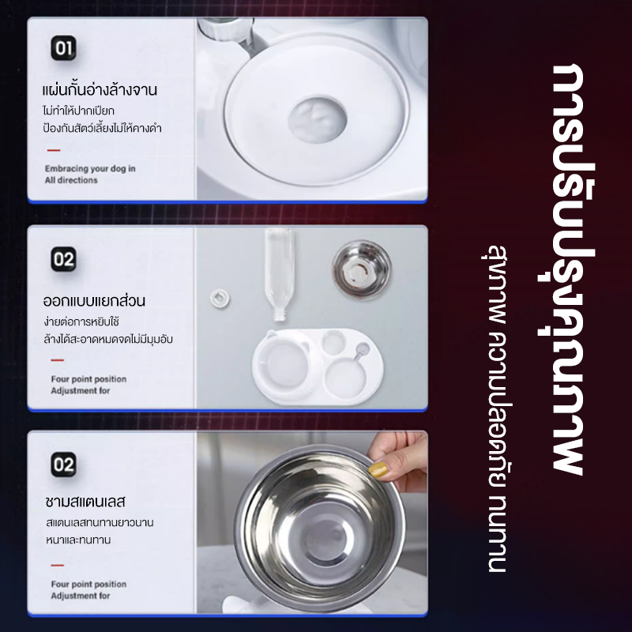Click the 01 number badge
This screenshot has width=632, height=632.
point(64,48)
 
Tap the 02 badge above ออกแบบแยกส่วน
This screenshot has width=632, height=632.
point(64,259)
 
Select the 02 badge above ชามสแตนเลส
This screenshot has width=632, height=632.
point(64,465)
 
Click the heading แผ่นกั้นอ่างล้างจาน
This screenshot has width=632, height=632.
point(100,89)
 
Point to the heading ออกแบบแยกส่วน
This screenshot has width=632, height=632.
point(94,300)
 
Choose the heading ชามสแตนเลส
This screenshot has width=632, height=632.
point(85,502)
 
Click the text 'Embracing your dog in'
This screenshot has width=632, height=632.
point(90,168)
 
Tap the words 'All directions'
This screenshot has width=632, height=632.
point(71,180)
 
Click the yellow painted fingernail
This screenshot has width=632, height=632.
point(378,470)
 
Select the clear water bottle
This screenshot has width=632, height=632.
point(280,273)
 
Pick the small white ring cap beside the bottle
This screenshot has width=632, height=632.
point(220,299)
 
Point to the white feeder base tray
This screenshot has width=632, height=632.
point(318,366)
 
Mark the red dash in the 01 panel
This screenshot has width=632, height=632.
point(54,150)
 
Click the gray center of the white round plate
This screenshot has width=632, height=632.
point(318,120)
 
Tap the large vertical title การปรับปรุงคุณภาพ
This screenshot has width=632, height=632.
point(567,269)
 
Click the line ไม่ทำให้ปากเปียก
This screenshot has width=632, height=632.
point(78,111)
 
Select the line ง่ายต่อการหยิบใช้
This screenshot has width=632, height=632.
point(81,322)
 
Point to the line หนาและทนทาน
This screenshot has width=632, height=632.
point(78,540)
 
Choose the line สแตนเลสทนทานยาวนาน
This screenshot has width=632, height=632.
point(100,523)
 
